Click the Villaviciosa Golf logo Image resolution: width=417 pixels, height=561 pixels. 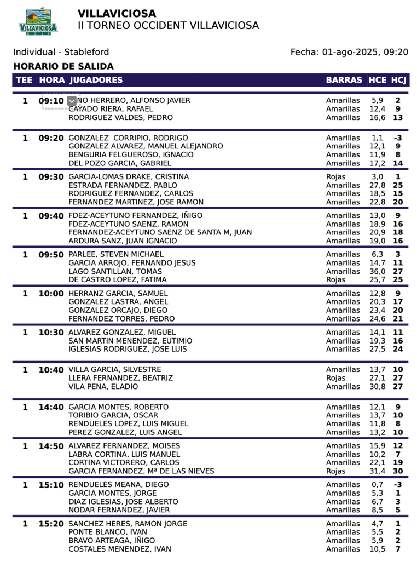coord(38,22)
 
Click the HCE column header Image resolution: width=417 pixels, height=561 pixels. coord(377,80)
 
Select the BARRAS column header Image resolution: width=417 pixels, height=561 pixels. coord(344,80)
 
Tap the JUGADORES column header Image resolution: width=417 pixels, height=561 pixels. coord(96,80)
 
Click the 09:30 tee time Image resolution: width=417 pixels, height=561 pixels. coord(51,177)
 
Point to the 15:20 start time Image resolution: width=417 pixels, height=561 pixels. coord(51,524)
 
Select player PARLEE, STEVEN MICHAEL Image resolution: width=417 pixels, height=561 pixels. coord(116,254)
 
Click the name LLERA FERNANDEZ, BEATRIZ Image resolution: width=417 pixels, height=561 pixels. coord(120,378)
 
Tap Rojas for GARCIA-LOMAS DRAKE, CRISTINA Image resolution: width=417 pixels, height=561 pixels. coord(335,177)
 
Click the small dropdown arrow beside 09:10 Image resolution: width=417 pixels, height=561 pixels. coord(72,101)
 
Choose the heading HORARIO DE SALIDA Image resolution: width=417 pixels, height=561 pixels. coord(63,66)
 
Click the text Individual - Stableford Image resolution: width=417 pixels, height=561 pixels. coord(61,52)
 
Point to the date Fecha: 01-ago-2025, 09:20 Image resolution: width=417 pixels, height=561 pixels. coord(349,52)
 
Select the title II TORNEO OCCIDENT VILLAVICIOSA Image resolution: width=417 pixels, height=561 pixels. coord(168,26)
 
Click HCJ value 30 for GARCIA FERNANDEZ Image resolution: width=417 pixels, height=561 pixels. coord(398,471)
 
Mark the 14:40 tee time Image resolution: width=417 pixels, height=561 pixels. coord(51,407)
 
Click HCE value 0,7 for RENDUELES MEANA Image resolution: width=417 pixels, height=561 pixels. coord(377,485)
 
